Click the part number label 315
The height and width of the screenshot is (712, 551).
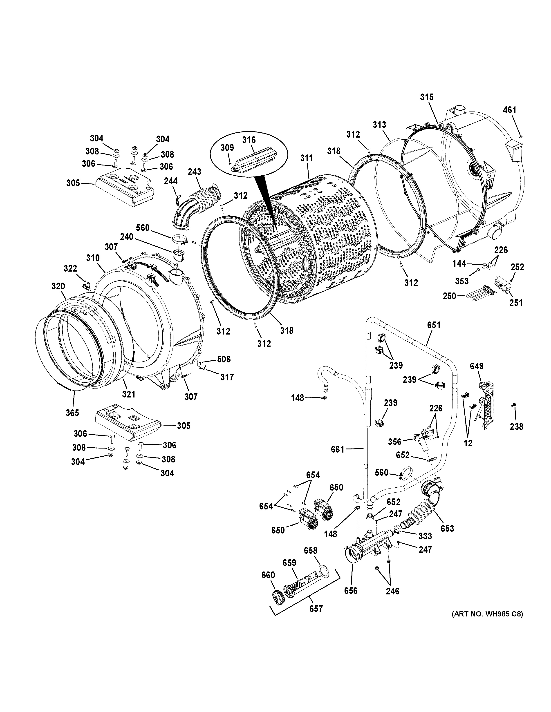(x=427, y=97)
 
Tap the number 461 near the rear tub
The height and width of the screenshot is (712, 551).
(x=510, y=110)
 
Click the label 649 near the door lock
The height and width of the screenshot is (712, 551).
(x=476, y=366)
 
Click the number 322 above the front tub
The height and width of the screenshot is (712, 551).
(x=70, y=268)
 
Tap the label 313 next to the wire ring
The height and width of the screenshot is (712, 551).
(x=379, y=125)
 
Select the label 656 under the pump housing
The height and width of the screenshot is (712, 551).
(x=351, y=590)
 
